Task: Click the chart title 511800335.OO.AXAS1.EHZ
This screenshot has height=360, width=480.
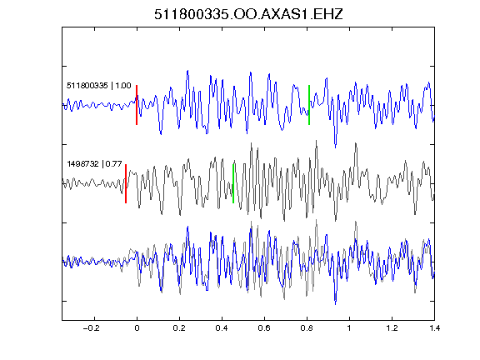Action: [248, 14]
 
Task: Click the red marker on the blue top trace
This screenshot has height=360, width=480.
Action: [137, 105]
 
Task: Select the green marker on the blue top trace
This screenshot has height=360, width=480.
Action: [309, 105]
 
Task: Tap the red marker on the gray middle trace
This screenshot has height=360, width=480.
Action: [126, 183]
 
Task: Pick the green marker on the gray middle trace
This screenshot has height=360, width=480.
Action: [233, 183]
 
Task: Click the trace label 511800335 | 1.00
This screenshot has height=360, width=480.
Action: [99, 85]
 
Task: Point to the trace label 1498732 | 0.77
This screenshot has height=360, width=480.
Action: [95, 164]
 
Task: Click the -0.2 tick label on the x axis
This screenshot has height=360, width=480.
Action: [92, 328]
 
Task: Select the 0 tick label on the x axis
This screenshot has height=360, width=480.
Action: [137, 328]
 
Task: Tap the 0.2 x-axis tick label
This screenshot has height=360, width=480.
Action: [179, 328]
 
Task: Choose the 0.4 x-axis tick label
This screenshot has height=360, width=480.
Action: [222, 328]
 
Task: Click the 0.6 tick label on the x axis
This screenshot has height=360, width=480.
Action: [264, 328]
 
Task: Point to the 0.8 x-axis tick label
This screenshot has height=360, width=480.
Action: [307, 328]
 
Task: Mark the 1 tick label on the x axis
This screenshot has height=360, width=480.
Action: [349, 328]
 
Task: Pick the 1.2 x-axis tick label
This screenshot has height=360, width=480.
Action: [392, 328]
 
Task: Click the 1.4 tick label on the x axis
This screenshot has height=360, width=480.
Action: [434, 328]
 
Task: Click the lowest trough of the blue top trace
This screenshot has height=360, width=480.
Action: [336, 147]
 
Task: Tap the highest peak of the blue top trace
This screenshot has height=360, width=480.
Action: [187, 71]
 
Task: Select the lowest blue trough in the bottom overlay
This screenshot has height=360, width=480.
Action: [336, 304]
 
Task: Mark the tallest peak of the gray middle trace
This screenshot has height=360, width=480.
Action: [316, 141]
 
